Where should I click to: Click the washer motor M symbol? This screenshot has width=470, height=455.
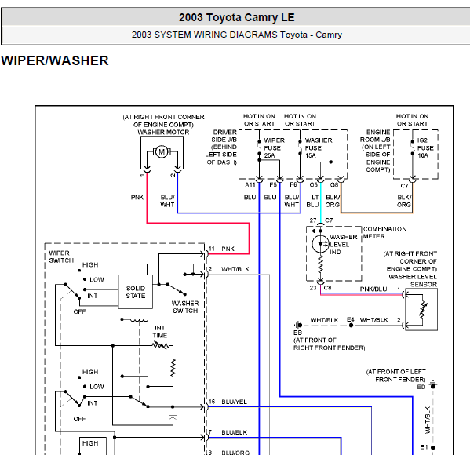point(162,152)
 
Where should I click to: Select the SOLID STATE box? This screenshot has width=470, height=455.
point(136,292)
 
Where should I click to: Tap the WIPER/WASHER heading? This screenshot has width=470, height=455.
point(55,60)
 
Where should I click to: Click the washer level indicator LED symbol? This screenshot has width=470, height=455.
point(320,244)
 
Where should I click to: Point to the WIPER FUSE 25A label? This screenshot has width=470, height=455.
point(272,147)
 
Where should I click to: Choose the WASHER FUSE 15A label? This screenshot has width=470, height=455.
point(319,147)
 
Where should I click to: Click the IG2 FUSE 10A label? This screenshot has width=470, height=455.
point(425,147)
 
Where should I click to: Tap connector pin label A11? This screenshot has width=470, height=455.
point(250,184)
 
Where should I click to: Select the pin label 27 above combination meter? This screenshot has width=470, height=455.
point(313,220)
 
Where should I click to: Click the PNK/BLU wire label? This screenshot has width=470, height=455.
point(373,289)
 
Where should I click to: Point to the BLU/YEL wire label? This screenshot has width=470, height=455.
point(234,402)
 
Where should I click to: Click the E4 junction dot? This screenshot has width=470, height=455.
point(351,326)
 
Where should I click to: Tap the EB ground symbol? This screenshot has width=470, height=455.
point(297,325)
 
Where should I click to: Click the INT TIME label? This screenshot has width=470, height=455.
point(160,332)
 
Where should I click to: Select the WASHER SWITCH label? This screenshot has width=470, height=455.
point(185,307)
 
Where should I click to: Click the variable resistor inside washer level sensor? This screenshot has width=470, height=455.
point(423,310)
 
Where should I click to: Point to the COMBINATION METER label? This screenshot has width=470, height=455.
point(385,232)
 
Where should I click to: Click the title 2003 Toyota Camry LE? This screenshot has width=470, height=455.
point(237,17)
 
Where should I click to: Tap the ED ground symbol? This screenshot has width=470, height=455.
point(433,385)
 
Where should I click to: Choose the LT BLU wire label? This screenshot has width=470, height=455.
point(312,201)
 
